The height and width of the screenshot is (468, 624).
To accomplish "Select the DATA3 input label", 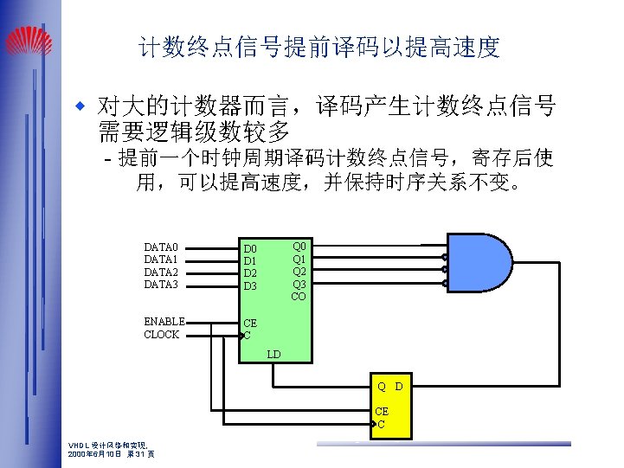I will tap(161, 285).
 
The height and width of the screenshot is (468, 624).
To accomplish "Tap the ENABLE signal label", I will tap(164, 322).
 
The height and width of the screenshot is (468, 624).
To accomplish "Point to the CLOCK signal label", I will tap(162, 335).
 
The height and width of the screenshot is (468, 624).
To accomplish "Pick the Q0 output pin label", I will tap(299, 246).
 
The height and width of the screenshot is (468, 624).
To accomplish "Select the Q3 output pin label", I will tap(299, 284).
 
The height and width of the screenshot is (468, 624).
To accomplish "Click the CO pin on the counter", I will tap(299, 297).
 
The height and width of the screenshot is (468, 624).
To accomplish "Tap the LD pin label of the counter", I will tap(273, 355).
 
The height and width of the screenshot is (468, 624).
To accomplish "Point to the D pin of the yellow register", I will tap(399, 386).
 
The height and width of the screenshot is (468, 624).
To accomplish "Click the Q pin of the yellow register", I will tap(381, 386).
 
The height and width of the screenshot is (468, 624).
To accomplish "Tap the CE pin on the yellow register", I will tap(382, 412).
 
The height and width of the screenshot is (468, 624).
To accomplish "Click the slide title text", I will tap(319, 48).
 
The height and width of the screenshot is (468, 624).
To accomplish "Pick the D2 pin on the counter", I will tap(250, 273).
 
